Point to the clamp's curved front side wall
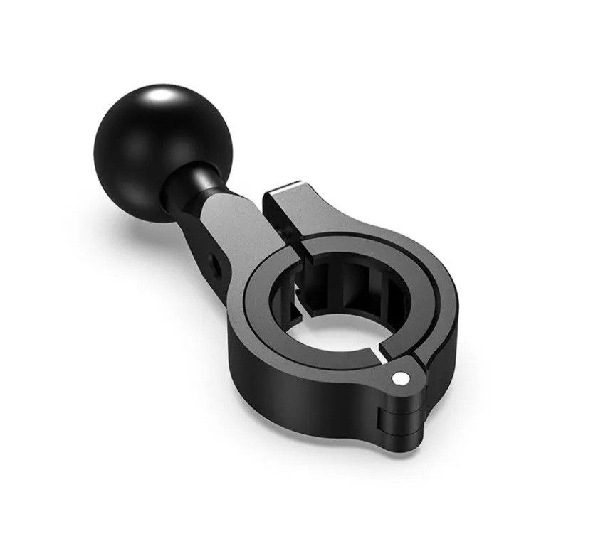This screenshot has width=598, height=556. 299,398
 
